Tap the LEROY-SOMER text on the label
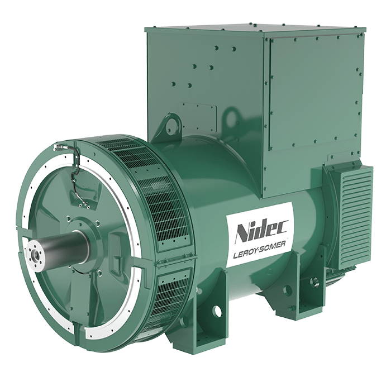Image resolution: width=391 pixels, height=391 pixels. pos(259,251)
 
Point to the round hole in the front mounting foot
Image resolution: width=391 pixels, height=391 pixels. pos(217,310)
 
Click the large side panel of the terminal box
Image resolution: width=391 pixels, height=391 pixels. pos(315,96)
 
